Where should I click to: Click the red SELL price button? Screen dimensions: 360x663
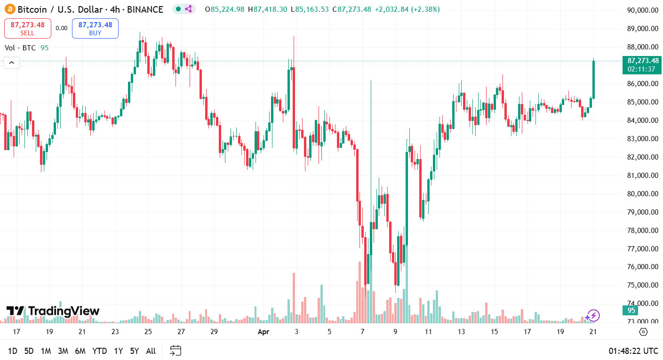click(27, 28)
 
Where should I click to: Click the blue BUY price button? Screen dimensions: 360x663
click(95, 28)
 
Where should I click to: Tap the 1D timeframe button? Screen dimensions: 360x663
click(13, 351)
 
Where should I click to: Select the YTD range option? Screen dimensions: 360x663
click(99, 351)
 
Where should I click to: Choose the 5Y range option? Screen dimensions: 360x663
click(135, 351)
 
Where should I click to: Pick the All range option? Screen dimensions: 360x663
click(151, 351)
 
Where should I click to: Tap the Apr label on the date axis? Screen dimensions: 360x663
click(263, 332)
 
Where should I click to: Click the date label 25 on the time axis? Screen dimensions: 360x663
click(148, 332)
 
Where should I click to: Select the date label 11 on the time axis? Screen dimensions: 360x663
click(428, 332)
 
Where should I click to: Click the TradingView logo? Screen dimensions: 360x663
click(53, 311)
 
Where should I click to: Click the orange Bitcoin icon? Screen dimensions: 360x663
click(10, 9)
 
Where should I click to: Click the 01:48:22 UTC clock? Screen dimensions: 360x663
click(633, 351)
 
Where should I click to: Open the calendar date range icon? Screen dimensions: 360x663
click(176, 351)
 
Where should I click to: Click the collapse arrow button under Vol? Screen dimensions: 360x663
click(12, 63)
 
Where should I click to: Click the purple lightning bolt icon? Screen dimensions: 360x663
click(593, 315)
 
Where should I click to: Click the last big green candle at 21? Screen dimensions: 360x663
click(593, 79)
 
